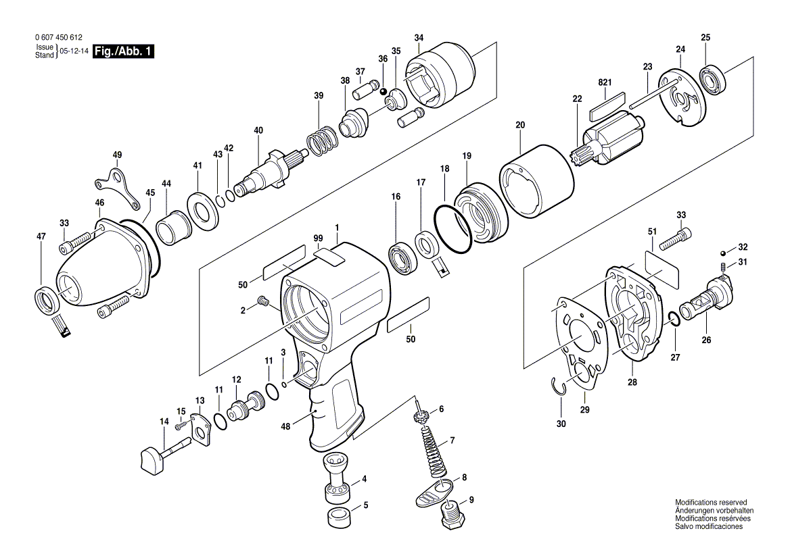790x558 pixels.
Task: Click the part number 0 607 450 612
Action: point(53,39)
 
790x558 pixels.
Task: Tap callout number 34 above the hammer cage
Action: point(419,37)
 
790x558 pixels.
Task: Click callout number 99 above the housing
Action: point(318,238)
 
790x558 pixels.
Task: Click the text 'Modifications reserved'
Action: point(710,503)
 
